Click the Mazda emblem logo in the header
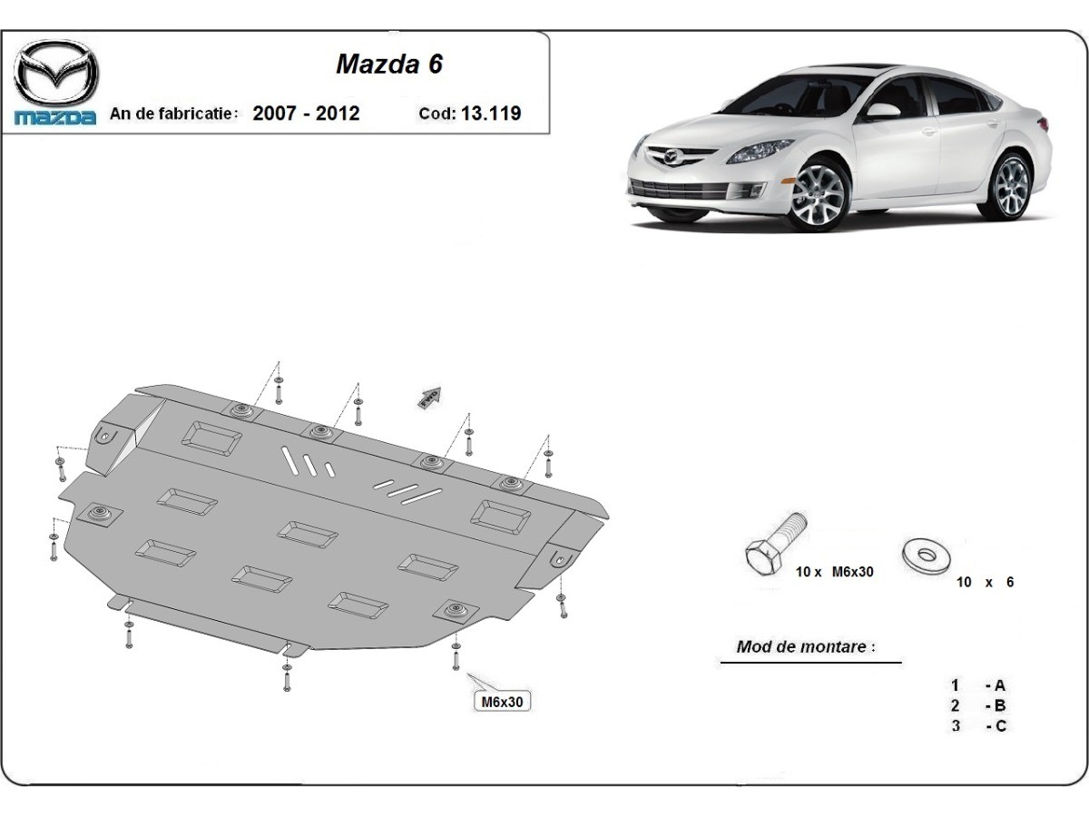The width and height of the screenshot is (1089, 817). coord(56,73)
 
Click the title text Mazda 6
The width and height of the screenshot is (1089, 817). coord(389,64)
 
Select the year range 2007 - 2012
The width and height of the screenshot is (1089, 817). coord(306,113)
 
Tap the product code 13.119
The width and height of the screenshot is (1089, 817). coord(491,113)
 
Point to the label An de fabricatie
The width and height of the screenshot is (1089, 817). coord(171,113)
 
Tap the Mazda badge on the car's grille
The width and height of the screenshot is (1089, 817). coord(671,158)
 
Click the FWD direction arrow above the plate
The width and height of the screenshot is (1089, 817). coord(429,398)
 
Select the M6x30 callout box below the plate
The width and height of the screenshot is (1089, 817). coord(502,702)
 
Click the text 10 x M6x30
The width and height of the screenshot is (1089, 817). coord(835,572)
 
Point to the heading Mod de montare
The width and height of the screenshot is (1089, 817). coord(806,646)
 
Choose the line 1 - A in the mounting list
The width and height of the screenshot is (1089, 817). coord(978,685)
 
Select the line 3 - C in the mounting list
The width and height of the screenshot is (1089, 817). coord(978,726)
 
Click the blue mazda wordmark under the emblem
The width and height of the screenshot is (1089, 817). coord(55,118)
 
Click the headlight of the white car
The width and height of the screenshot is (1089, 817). coord(760,152)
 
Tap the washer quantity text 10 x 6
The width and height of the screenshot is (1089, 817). coord(985,583)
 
